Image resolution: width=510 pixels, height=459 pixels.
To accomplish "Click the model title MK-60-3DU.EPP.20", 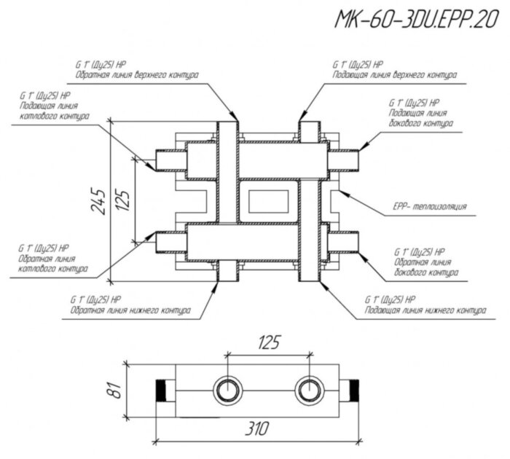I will click(x=412, y=20).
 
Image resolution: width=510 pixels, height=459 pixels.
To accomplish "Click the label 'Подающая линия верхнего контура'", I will click(x=394, y=75).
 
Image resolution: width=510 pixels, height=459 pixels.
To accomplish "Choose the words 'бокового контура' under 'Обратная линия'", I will click(x=425, y=273).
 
